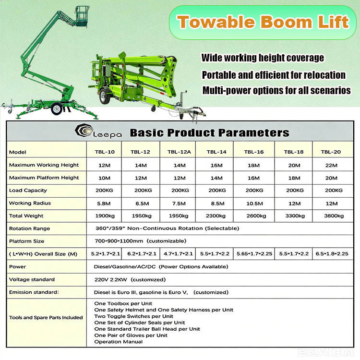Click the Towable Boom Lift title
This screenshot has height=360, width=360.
pos(263,22)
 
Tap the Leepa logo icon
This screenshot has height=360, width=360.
pos(84,131)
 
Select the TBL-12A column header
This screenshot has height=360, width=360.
pos(179,152)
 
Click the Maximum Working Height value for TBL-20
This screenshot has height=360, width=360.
pos(331,165)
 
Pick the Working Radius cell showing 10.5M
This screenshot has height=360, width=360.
pos(254,204)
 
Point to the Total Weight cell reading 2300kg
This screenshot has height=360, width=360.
pos(216,216)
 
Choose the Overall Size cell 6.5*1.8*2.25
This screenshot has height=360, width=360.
pos(332,254)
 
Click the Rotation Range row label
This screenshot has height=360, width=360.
pos(29,228)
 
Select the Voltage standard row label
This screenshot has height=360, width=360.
pos(32,279)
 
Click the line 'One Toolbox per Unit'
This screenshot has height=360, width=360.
pos(123,303)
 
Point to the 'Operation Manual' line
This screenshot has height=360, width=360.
pos(118,342)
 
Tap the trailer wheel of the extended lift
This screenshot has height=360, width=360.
pos(57,108)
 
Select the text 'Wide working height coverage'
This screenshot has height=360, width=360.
pos(263,58)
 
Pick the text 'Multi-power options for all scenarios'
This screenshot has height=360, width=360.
pos(276,90)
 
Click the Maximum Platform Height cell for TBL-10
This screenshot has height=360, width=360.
pos(105,178)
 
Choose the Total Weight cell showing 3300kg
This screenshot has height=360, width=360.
pos(295,216)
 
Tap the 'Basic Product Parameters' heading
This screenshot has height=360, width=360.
pos(209,132)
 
